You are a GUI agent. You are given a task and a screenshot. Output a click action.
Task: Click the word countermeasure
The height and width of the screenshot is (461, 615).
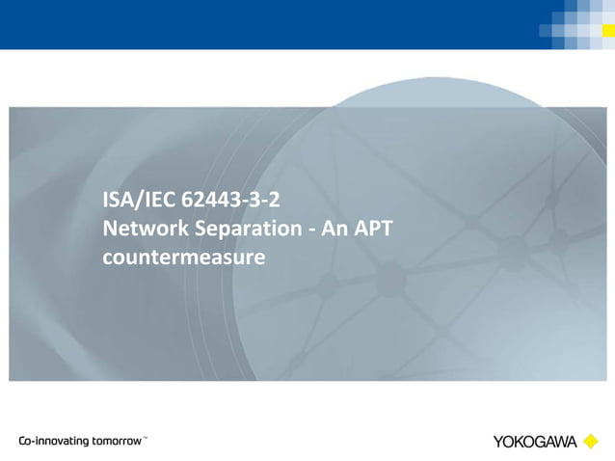pyautogui.click(x=183, y=258)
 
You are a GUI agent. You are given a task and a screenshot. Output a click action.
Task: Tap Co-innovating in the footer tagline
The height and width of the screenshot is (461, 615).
pyautogui.click(x=54, y=441)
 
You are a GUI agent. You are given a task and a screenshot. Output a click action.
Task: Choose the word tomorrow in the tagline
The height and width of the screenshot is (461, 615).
pyautogui.click(x=117, y=441)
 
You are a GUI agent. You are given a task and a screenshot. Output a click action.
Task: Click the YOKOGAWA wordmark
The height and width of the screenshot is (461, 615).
pyautogui.click(x=535, y=442)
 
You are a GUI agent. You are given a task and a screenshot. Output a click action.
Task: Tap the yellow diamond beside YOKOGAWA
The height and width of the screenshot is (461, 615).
pyautogui.click(x=590, y=442)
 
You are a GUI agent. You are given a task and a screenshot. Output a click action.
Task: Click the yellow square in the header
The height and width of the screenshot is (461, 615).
pyautogui.click(x=608, y=30)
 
